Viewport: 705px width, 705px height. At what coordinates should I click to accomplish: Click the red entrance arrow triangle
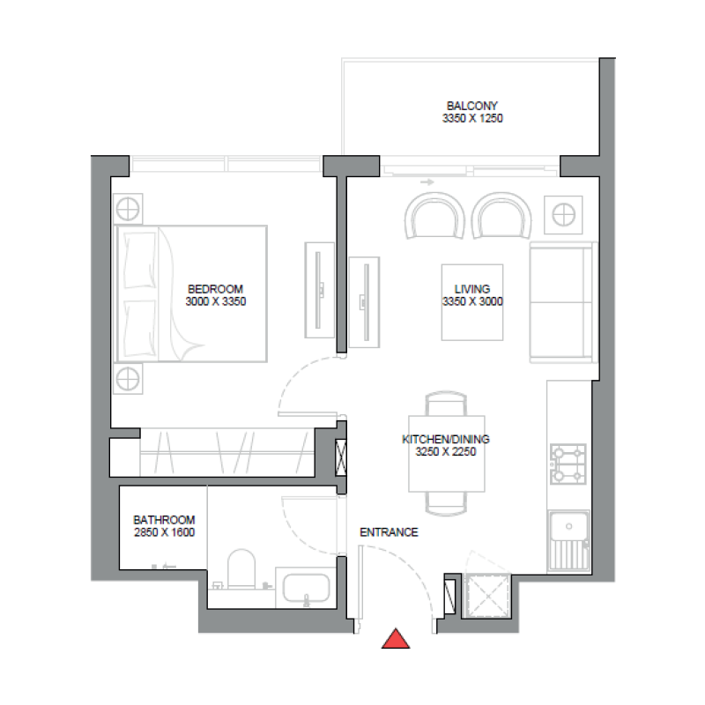[x=396, y=640]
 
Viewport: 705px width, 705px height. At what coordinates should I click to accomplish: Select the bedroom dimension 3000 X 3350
[x=215, y=301]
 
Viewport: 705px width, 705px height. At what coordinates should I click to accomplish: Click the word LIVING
[x=471, y=289]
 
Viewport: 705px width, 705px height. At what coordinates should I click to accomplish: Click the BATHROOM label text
[x=164, y=520]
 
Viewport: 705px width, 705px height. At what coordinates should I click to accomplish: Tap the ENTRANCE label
[x=389, y=532]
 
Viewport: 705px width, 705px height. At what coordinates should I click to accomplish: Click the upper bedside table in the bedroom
[x=128, y=210]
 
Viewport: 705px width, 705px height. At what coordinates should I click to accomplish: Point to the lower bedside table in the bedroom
[x=128, y=380]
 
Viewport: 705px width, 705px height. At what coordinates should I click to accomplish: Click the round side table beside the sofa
[x=563, y=213]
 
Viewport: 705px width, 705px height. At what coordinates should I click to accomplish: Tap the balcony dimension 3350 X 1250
[x=472, y=118]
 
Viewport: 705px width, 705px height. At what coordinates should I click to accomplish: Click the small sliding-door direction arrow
[x=428, y=182]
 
